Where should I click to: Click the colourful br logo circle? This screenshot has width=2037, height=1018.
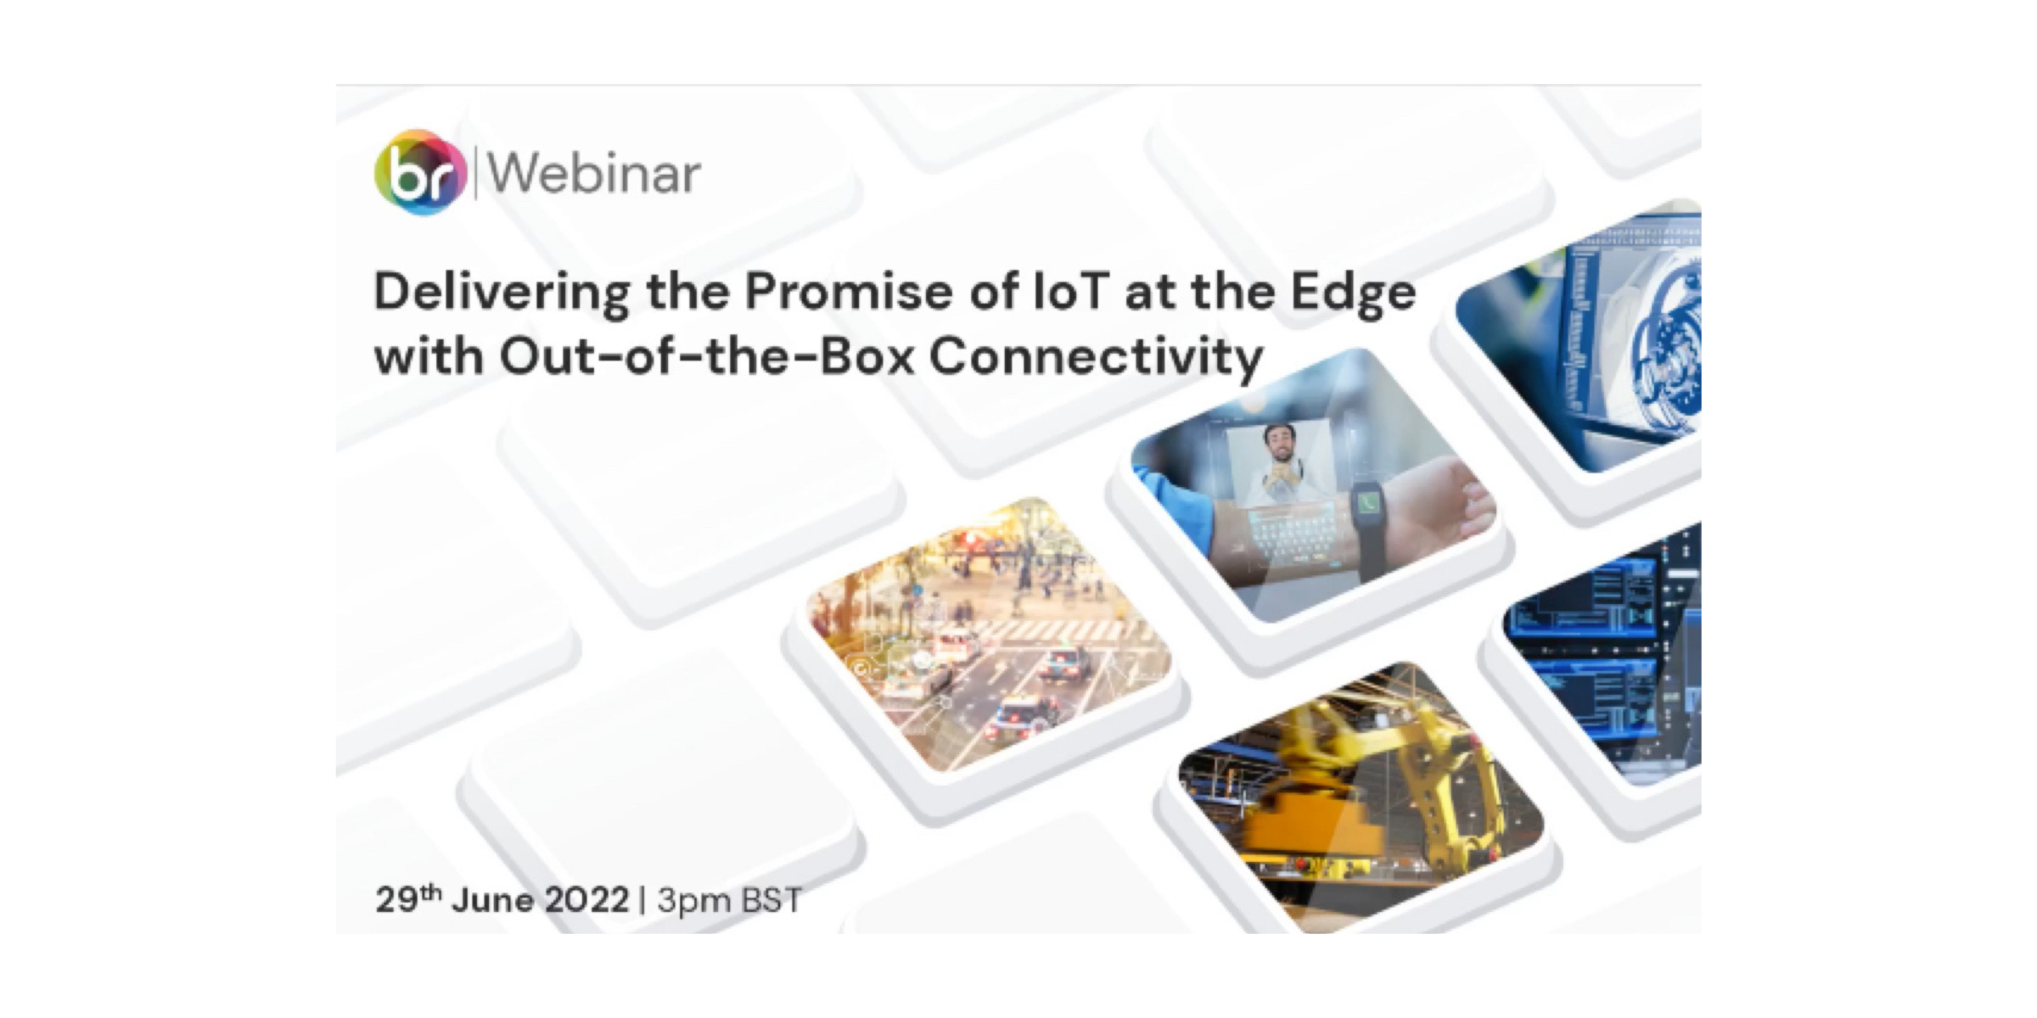click(421, 172)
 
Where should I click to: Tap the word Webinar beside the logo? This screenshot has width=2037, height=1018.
click(594, 174)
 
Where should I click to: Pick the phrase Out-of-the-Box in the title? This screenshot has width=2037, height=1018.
click(707, 355)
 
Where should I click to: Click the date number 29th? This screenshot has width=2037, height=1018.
click(408, 899)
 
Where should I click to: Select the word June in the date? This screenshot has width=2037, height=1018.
click(493, 900)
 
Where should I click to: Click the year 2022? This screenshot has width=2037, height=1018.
click(586, 900)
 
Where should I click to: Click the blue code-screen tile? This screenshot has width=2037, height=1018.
click(1604, 653)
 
